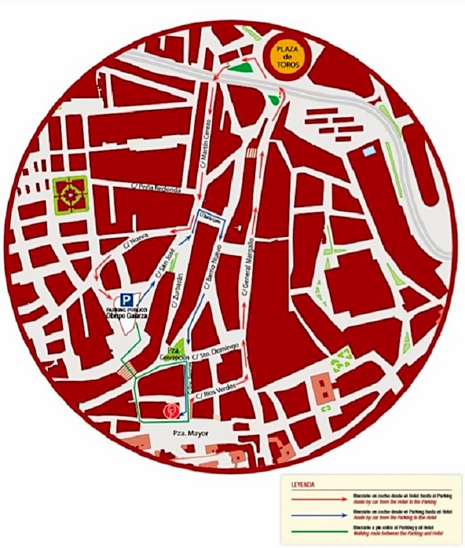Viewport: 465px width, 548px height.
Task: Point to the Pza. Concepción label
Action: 176,353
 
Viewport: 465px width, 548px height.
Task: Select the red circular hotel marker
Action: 170,411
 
